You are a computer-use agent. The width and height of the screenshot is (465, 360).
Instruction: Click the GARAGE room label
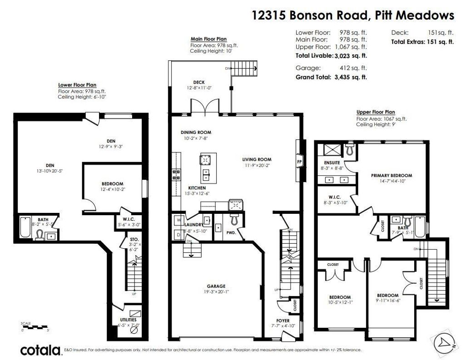[216, 286]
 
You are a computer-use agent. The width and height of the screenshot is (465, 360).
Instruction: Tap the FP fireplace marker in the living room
[299, 162]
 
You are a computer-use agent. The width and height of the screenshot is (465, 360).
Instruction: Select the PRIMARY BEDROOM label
[391, 175]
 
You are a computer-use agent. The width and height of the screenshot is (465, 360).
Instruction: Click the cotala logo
[41, 350]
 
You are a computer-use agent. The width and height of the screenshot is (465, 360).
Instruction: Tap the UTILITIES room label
[127, 320]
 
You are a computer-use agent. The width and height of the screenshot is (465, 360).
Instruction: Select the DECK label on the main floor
[199, 82]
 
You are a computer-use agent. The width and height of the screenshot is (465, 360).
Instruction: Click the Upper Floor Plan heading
[376, 112]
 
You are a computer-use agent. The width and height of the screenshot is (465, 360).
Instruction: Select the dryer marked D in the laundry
[178, 234]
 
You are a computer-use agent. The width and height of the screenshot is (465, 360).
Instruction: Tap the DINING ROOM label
[196, 133]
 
